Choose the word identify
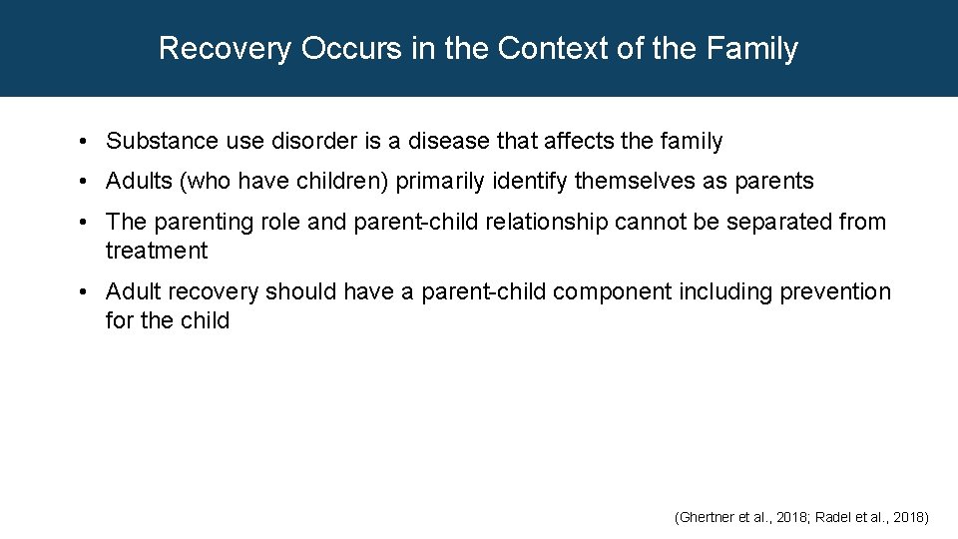(530, 182)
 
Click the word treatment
(157, 251)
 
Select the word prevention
(835, 291)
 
